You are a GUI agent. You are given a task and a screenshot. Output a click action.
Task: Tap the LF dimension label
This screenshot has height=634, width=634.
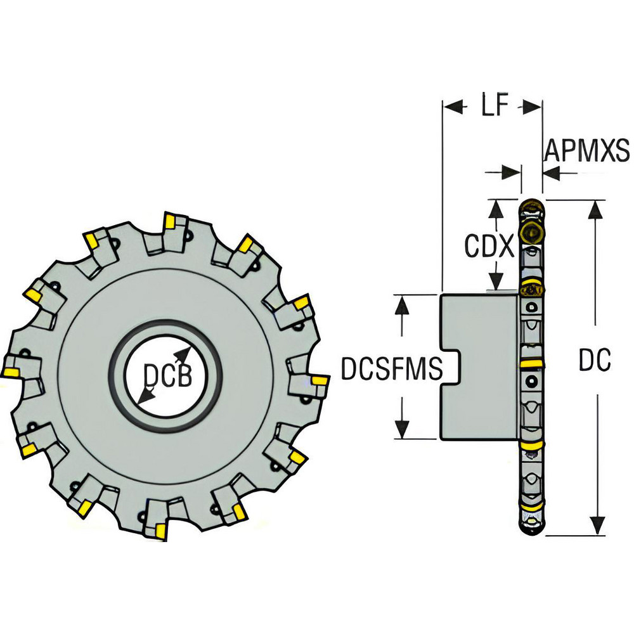coord(494,107)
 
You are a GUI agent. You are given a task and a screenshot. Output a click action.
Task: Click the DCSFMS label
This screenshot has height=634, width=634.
coord(391,368)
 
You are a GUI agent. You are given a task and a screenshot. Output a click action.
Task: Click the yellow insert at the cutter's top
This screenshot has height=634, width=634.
coord(170,221)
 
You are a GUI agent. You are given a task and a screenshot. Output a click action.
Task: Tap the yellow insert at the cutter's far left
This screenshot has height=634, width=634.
coord(10,372)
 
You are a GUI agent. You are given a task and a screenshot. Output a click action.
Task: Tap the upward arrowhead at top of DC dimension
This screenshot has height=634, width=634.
coord(594,209)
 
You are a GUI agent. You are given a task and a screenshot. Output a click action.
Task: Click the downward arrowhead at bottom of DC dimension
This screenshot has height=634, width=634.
coord(594,527)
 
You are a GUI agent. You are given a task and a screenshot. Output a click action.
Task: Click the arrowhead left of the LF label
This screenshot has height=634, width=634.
coord(451,107)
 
